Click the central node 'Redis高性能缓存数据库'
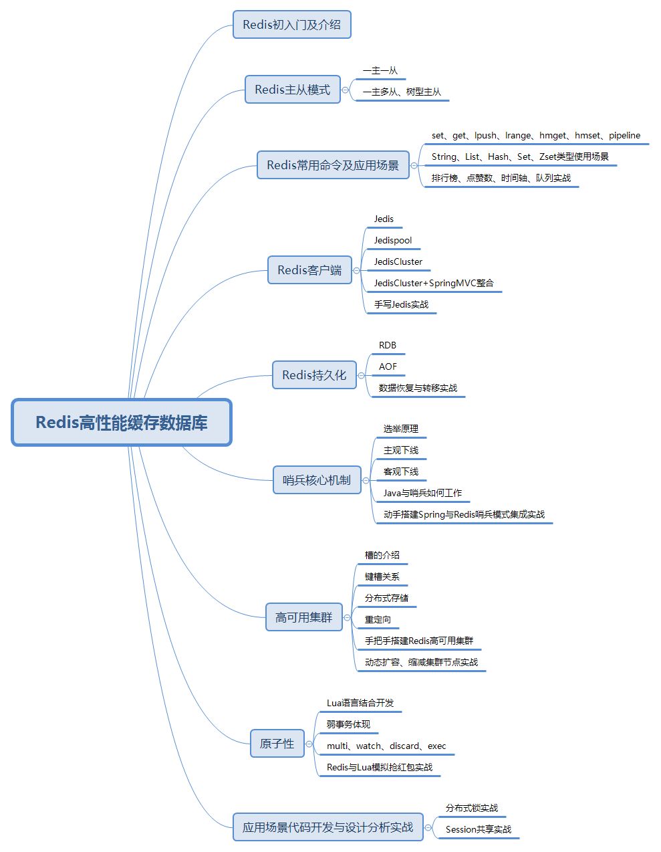tap(122, 423)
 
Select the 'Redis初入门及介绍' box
tap(291, 25)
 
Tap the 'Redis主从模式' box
tap(292, 90)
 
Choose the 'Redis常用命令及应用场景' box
tap(333, 165)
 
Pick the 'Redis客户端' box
tap(309, 270)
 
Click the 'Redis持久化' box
tap(314, 375)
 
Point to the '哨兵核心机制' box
tap(317, 480)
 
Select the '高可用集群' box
tap(303, 617)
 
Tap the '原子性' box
tap(277, 744)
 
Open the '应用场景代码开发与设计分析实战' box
tap(327, 827)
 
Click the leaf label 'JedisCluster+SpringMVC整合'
tap(434, 283)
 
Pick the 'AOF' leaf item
tap(388, 366)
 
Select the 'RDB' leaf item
tap(388, 345)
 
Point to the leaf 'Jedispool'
tap(393, 240)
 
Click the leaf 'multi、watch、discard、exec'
tap(386, 746)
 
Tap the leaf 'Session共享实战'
tap(479, 829)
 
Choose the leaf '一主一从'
tap(380, 70)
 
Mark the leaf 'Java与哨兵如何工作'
tap(422, 493)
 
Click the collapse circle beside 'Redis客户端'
tap(356, 270)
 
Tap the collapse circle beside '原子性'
tap(309, 744)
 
